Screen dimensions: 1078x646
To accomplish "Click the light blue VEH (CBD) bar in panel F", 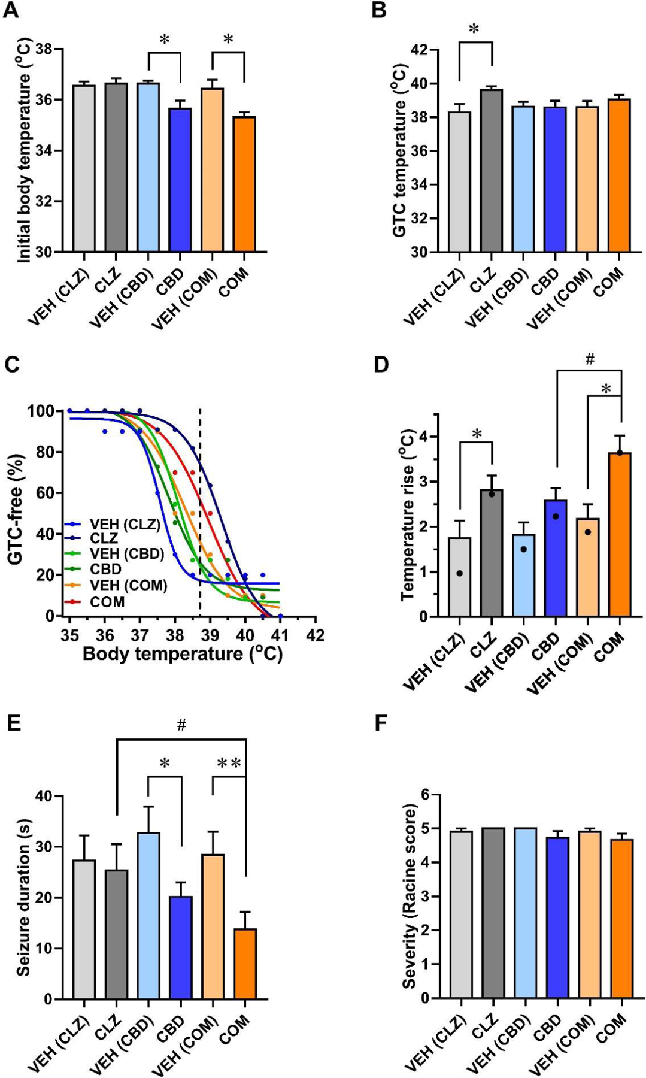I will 524,913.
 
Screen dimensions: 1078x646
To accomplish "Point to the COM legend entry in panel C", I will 107,602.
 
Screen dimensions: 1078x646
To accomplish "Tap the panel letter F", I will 381,723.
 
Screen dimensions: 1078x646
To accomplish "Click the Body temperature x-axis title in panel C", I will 183,653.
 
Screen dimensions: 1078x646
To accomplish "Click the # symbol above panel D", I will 590,359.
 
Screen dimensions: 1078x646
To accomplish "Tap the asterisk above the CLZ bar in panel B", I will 475,29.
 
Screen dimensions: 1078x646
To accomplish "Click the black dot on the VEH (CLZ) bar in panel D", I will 459,573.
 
